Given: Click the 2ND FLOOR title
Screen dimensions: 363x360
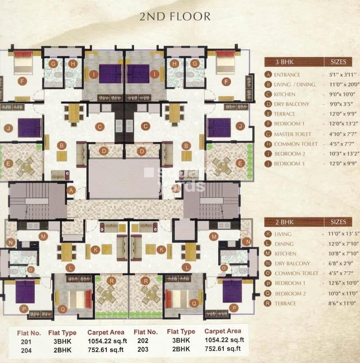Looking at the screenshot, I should [175, 17].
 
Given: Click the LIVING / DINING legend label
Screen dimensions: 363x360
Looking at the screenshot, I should [294, 84].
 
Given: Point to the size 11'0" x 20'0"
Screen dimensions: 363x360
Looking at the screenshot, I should [340, 84].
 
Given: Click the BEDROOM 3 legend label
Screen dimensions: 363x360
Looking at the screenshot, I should [289, 164].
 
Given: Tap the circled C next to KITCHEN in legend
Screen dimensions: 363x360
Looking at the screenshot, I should [268, 94].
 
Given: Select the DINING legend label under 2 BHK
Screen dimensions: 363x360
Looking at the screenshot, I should [284, 244].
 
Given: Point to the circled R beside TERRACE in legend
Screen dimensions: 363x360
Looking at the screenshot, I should [268, 303].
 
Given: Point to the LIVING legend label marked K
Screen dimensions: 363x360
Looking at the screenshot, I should [283, 234].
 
